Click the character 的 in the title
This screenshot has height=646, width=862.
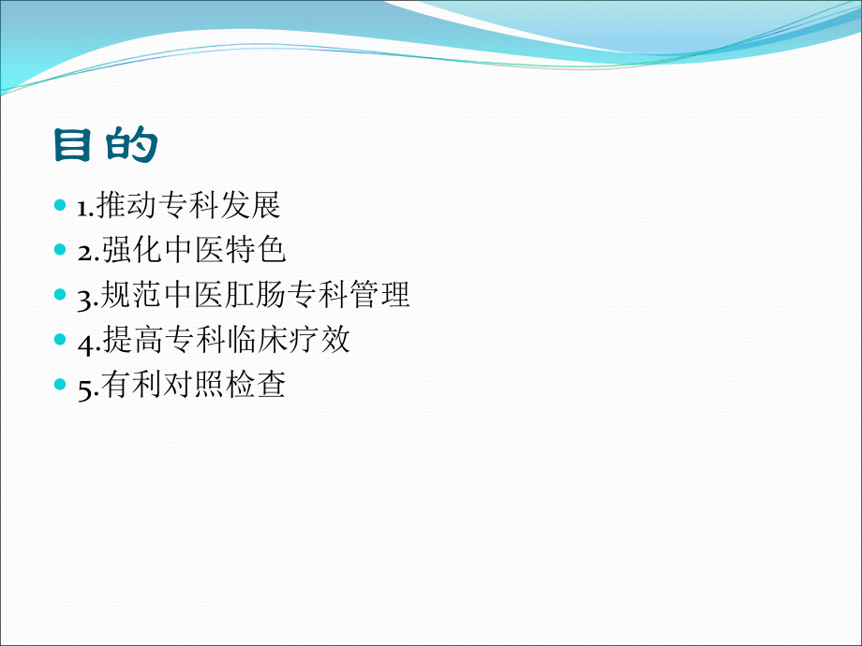[131, 145]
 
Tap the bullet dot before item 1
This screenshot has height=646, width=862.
[61, 204]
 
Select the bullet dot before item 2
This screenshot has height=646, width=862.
[61, 249]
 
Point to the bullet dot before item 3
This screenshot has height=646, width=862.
[61, 295]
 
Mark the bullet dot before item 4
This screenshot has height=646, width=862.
[61, 339]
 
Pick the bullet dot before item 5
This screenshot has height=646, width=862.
[61, 384]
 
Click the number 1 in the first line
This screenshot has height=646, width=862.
[82, 205]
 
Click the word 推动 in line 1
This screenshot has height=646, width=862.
[127, 204]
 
